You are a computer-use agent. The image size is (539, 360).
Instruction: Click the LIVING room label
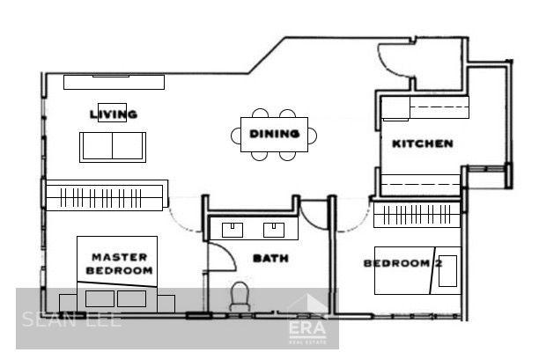[x=114, y=114]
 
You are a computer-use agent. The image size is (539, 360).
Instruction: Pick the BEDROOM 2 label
[x=402, y=263]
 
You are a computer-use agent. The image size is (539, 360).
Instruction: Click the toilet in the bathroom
[x=239, y=295]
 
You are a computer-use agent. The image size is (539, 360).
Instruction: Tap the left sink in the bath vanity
[x=233, y=231]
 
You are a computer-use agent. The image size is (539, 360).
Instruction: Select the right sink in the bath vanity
[x=275, y=231]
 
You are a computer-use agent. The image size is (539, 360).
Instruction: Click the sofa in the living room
[x=113, y=147]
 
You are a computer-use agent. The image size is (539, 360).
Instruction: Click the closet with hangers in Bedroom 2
[x=416, y=214]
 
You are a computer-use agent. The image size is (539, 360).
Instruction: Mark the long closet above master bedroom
[x=106, y=195]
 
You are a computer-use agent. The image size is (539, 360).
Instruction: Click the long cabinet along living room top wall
[x=114, y=81]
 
